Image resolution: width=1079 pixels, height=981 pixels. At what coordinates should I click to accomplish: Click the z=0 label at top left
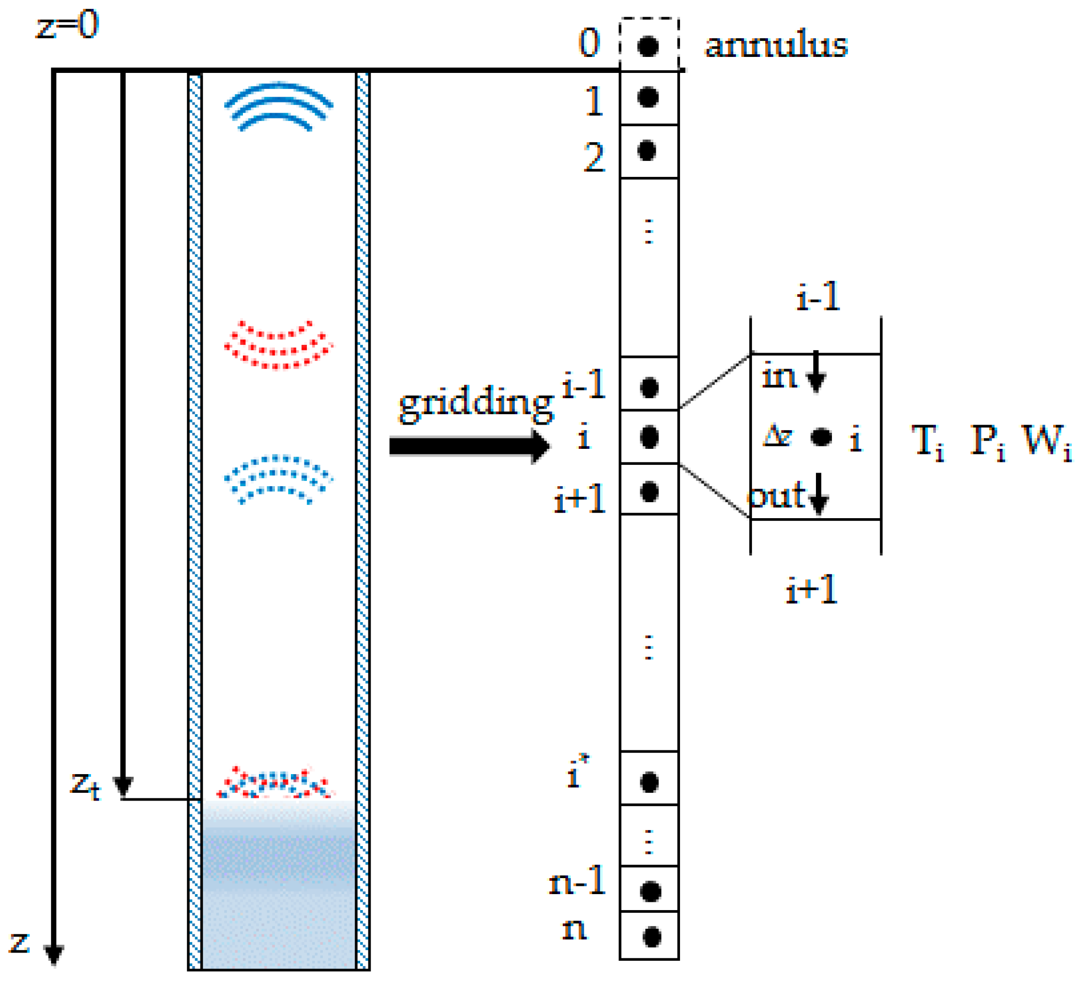[x=67, y=25]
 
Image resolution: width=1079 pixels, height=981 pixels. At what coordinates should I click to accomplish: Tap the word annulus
[x=776, y=45]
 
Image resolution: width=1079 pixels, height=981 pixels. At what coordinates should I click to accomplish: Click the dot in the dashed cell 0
[x=648, y=46]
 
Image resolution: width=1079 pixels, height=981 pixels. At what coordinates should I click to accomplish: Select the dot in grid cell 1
[x=648, y=97]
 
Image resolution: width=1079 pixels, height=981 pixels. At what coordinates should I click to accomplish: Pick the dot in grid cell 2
[x=646, y=150]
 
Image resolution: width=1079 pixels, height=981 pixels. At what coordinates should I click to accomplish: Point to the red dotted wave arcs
[x=278, y=346]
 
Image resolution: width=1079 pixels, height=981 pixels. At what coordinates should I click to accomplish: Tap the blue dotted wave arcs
[x=278, y=478]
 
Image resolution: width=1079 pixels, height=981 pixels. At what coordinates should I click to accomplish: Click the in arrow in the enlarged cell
[x=815, y=372]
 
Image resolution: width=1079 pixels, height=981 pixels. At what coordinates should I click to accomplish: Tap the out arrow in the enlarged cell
[x=819, y=494]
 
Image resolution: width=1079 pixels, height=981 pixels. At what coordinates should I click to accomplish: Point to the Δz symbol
[x=777, y=435]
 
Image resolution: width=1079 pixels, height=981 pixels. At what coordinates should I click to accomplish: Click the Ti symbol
[x=928, y=441]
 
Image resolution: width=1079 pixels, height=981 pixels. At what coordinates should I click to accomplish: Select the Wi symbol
[x=1046, y=441]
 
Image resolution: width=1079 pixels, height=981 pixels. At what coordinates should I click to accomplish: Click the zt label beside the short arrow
[x=85, y=785]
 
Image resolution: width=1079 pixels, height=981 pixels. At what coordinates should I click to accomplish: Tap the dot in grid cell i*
[x=649, y=782]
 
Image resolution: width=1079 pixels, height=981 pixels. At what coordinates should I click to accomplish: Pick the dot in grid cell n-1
[x=650, y=891]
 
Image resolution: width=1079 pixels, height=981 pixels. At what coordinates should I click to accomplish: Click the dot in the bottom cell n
[x=651, y=937]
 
